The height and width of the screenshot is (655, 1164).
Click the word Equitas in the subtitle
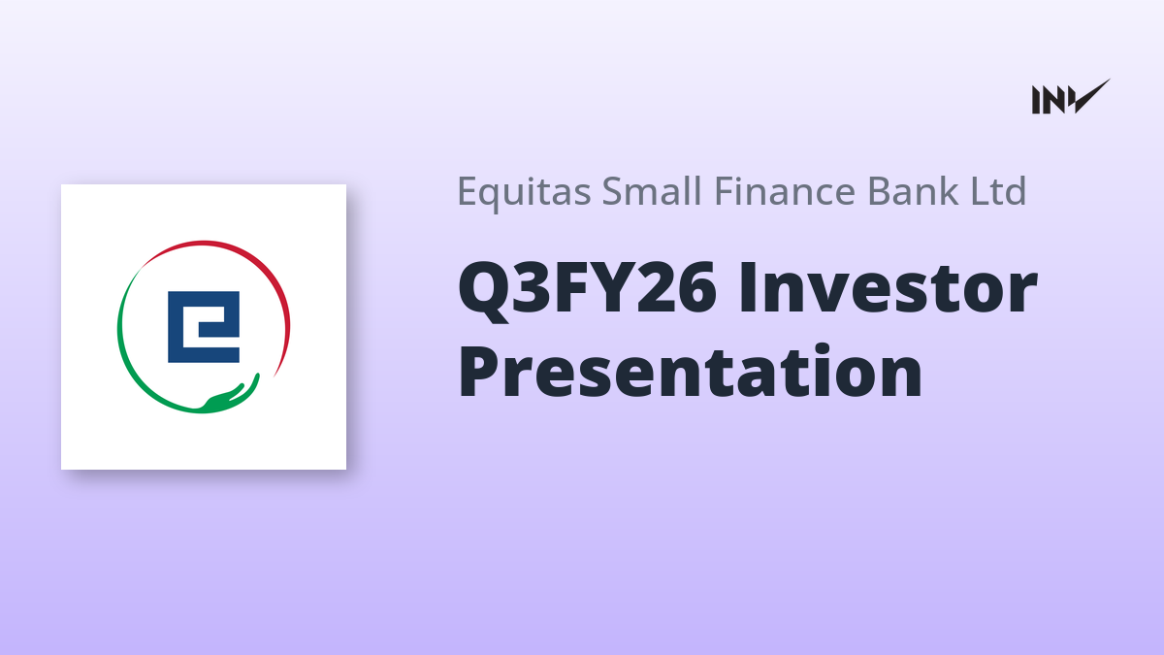coord(524,192)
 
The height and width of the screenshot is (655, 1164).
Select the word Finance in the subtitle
coord(785,191)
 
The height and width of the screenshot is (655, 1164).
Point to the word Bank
coord(913,191)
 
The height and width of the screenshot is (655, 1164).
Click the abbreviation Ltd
coord(998,191)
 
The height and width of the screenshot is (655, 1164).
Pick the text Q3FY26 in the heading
coord(587,289)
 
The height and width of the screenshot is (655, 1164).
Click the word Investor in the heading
coord(889,288)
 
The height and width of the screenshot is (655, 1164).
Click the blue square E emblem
coord(204,327)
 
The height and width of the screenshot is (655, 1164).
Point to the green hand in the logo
coord(229,398)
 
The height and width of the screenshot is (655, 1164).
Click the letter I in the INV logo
coord(1036,100)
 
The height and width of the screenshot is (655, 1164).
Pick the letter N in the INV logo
coord(1052,100)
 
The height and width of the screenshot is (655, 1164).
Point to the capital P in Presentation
coord(479,371)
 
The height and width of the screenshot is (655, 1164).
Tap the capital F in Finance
coord(726,192)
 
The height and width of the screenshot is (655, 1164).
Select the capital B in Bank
coord(879,192)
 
